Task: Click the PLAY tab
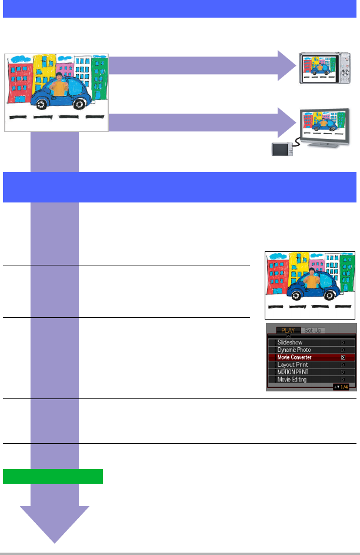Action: coord(288,330)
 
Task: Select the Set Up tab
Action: coord(314,330)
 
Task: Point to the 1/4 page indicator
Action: coord(344,387)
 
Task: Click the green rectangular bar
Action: coord(53,476)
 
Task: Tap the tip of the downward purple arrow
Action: coord(55,540)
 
